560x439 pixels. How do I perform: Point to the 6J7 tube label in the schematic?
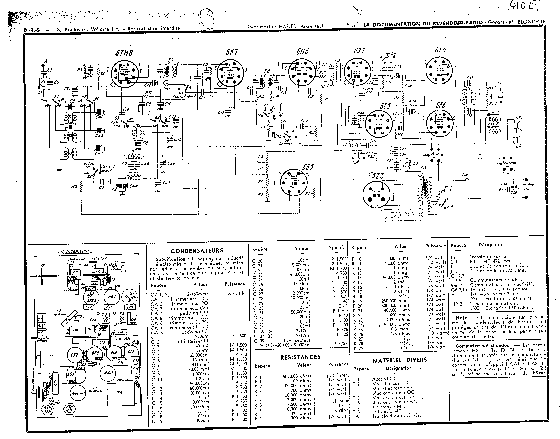click(359, 51)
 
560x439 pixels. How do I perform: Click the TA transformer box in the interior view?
click(120, 393)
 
